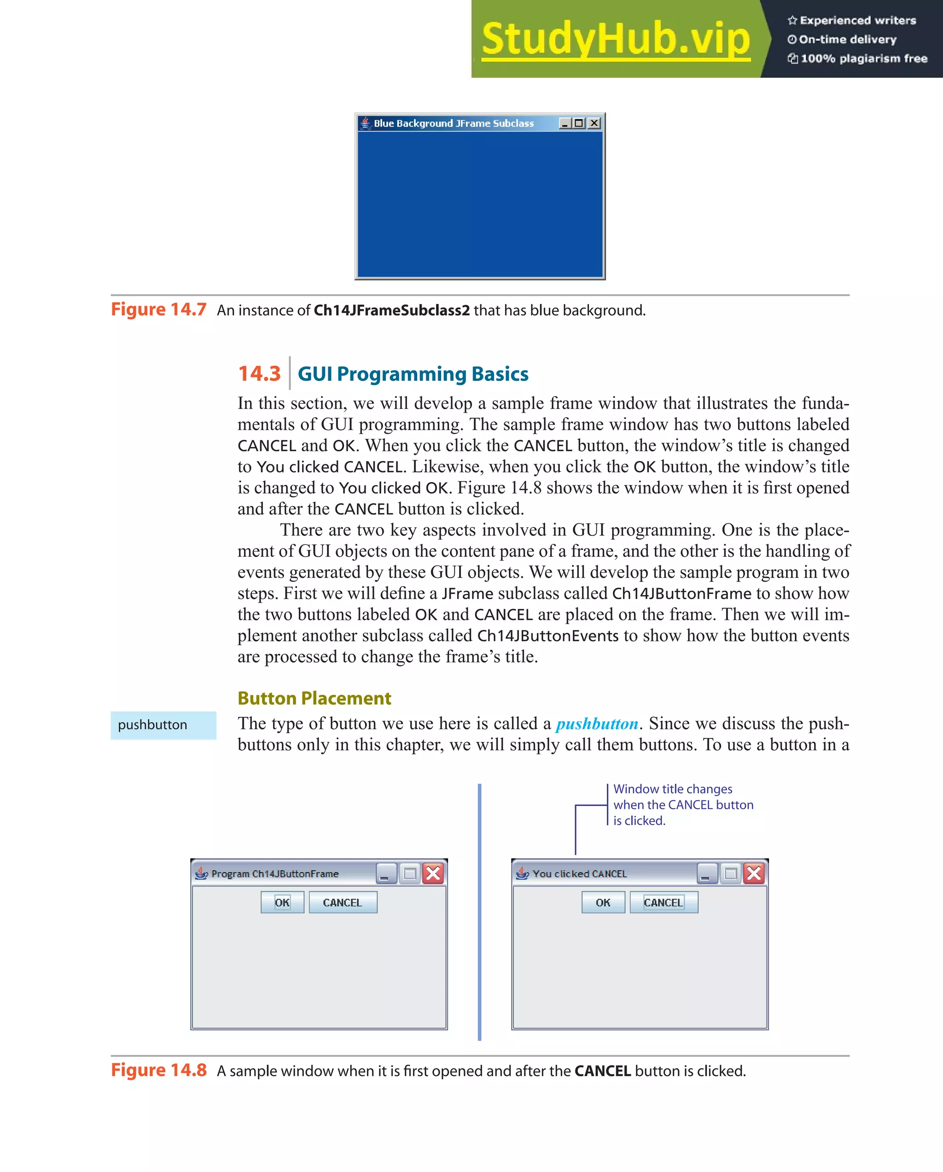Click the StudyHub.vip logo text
point(615,39)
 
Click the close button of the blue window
point(594,123)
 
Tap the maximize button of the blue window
point(579,123)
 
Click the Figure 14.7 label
point(158,309)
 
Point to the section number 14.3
point(259,373)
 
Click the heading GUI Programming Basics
point(413,374)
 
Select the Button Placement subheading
point(314,698)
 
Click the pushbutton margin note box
point(163,725)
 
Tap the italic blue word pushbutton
point(597,723)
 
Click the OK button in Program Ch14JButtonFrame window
point(282,903)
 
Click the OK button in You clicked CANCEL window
point(603,903)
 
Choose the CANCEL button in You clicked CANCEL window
point(663,903)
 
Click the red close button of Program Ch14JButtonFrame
point(433,874)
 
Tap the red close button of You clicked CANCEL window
point(754,874)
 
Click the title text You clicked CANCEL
point(579,874)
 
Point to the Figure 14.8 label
point(158,1070)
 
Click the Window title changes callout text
point(683,805)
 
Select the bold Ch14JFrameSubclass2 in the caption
point(391,310)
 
